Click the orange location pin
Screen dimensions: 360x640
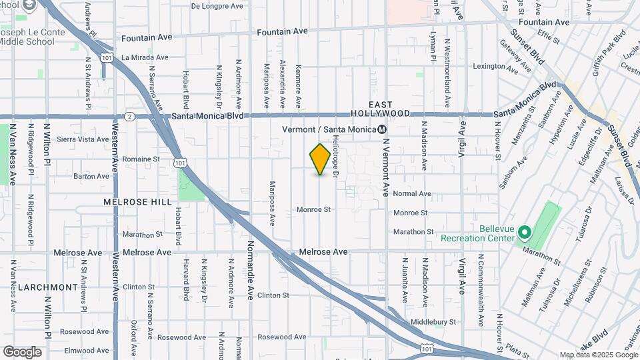[x=321, y=159]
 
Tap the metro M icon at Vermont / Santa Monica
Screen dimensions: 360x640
[x=382, y=129]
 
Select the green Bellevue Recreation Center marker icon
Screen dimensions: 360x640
[x=525, y=233]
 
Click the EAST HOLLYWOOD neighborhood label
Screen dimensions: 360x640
[x=380, y=109]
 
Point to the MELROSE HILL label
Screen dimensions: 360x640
[x=137, y=201]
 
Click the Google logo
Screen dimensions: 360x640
[x=22, y=352]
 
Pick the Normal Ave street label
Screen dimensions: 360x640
[x=412, y=194]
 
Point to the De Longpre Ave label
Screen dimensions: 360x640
[x=217, y=6]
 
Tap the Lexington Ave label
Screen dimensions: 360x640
[x=495, y=67]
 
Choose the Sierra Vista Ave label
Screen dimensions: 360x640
[x=83, y=139]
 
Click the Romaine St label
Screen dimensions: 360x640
[x=141, y=159]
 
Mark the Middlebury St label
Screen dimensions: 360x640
[x=433, y=321]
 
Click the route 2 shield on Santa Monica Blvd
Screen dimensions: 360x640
[x=130, y=116]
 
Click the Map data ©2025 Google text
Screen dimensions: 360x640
[x=598, y=355]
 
